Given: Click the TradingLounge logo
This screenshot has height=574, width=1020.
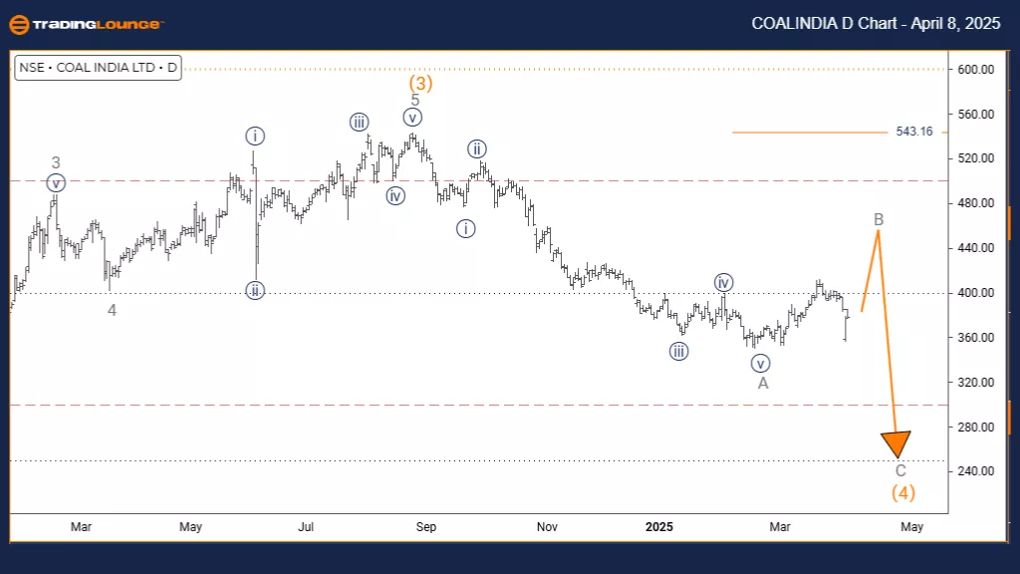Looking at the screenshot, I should pyautogui.click(x=84, y=24).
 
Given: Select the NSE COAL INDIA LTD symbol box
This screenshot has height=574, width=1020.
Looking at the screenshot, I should pyautogui.click(x=98, y=69).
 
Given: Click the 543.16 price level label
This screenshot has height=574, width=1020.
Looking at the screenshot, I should pyautogui.click(x=913, y=132).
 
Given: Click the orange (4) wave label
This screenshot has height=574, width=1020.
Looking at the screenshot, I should pyautogui.click(x=902, y=492).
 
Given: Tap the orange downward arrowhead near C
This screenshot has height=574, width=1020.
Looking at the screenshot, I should pyautogui.click(x=896, y=444).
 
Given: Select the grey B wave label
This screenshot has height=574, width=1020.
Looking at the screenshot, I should pyautogui.click(x=879, y=219).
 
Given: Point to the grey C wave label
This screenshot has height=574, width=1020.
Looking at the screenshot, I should pyautogui.click(x=900, y=470).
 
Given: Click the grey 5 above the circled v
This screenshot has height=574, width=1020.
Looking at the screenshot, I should pyautogui.click(x=414, y=100).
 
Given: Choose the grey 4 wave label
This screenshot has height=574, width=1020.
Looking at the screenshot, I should pyautogui.click(x=113, y=311).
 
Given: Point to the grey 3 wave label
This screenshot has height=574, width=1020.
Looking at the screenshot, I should pyautogui.click(x=57, y=162).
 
